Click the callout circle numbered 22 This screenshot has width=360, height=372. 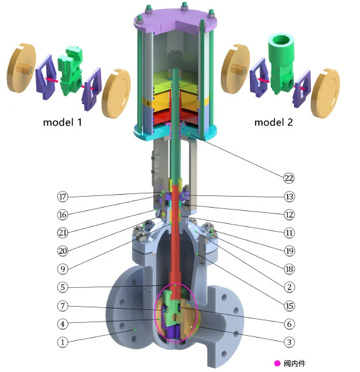point(289,178)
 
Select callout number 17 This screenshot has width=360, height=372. point(63,197)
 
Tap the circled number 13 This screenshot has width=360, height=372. point(289,197)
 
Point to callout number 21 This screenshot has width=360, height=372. point(63,233)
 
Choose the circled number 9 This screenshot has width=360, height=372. point(63,268)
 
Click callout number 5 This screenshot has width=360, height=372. point(63,287)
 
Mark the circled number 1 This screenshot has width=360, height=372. point(63,342)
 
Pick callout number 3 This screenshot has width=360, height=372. point(289,342)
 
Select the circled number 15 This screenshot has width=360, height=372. point(289,305)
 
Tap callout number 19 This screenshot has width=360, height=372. point(289,251)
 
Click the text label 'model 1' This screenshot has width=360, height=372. point(62,122)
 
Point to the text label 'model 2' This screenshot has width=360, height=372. point(274,122)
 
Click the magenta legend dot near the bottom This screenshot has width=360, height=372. point(277,363)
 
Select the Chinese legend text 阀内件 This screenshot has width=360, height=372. point(295,363)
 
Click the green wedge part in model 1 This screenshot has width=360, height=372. point(71,71)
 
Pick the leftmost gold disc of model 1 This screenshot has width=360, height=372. point(21,68)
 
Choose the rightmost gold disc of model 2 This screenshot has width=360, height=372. point(325,93)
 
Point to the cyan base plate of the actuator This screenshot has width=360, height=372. point(175,133)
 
